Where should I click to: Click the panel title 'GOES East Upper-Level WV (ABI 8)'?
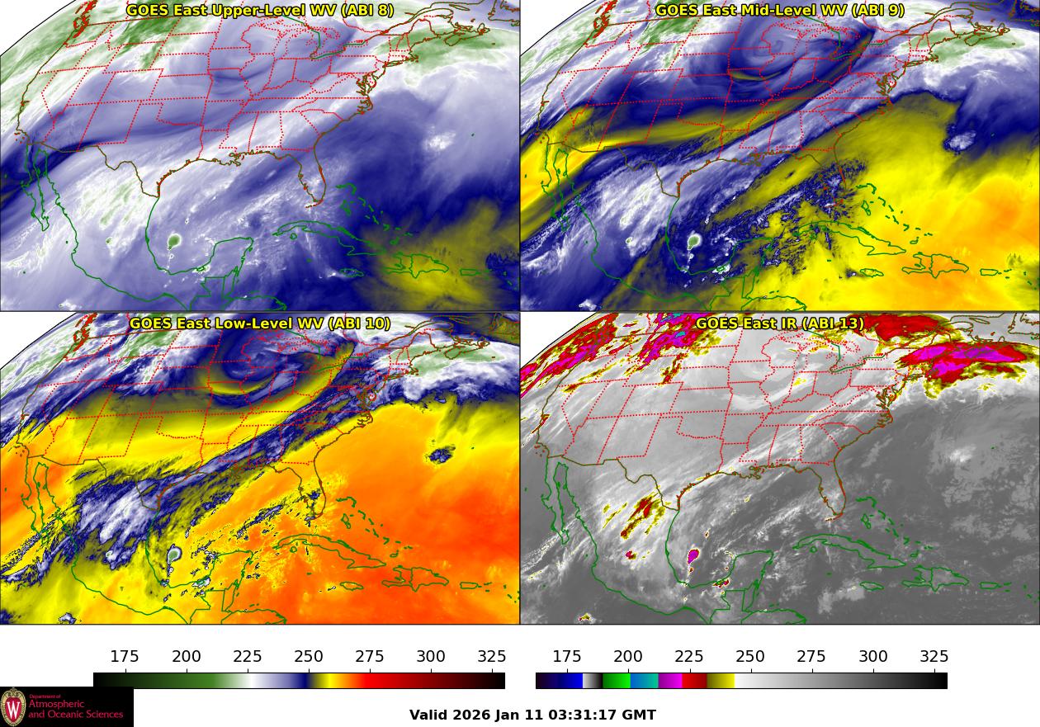260,11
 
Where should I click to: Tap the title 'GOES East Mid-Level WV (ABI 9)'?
780,11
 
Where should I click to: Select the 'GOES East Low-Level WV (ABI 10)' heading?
260,323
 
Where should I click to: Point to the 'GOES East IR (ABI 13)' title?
780,323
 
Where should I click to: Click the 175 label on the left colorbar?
125,657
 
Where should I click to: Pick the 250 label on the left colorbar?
309,657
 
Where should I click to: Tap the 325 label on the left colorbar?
492,657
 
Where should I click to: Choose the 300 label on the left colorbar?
431,657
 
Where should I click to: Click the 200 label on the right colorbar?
628,657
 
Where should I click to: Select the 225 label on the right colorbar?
689,657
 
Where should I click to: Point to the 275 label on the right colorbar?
811,657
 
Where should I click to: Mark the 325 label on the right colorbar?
934,657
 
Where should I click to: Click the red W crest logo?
13,707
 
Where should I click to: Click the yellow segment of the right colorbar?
721,681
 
